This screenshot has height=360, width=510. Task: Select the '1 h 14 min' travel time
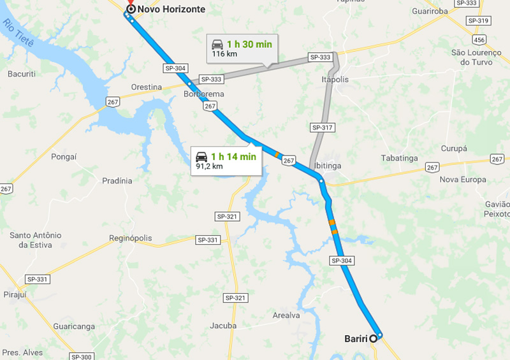click(x=234, y=156)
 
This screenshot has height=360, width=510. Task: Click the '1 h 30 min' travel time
click(x=249, y=44)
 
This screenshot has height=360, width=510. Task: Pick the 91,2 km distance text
click(x=209, y=166)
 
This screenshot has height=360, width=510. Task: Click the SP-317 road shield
click(x=322, y=127)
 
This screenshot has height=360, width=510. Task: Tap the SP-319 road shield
click(x=478, y=21)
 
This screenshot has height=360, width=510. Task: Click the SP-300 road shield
click(x=83, y=357)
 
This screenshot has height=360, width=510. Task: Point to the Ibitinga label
click(x=328, y=166)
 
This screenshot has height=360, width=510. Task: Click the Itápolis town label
click(x=335, y=80)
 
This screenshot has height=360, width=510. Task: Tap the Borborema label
click(x=204, y=94)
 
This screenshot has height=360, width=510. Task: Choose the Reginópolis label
click(x=131, y=238)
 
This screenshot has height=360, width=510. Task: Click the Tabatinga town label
click(x=398, y=157)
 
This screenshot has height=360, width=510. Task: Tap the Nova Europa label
click(x=463, y=179)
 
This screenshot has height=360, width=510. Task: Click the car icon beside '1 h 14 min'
click(x=201, y=156)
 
